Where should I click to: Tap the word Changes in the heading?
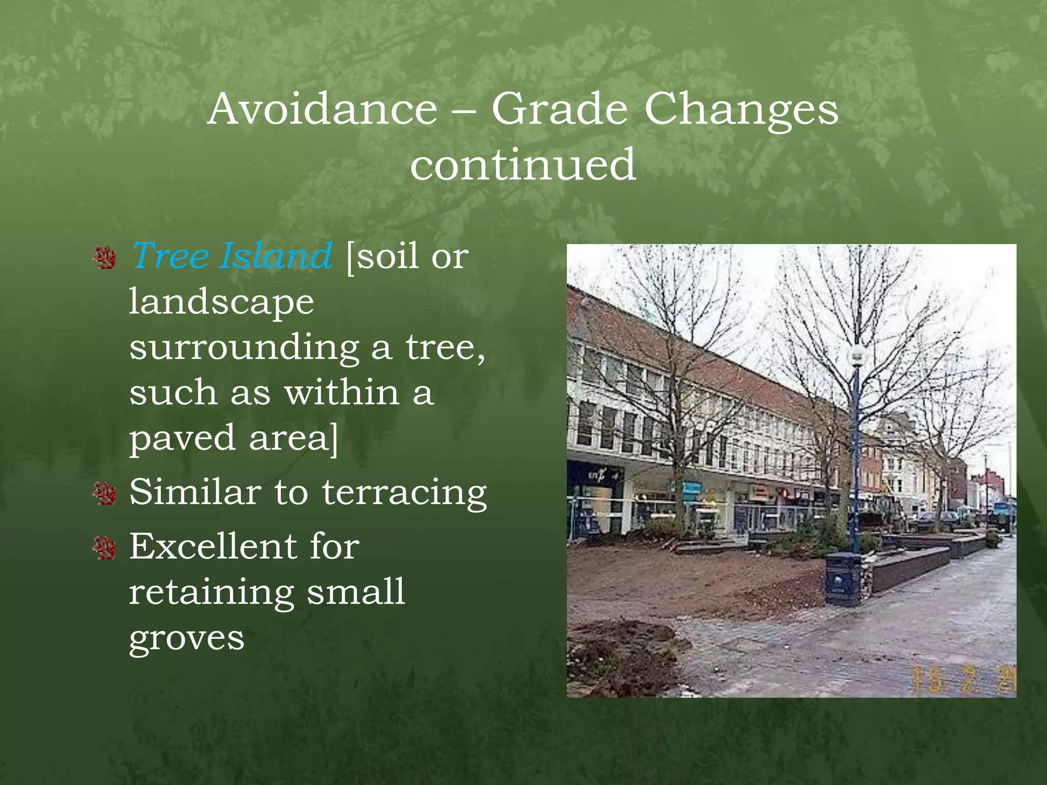741,110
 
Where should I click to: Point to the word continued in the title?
523,165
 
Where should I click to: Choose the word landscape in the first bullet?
221,302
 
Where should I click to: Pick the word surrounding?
244,348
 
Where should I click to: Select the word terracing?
404,493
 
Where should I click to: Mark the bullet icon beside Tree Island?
105,258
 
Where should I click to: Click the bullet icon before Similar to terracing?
105,494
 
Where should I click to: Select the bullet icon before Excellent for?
105,548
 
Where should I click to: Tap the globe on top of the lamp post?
856,353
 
